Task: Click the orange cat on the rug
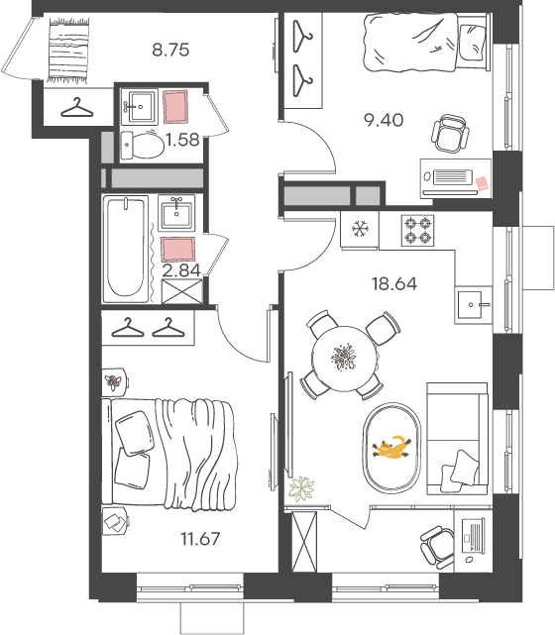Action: (391, 448)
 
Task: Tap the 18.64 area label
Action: (394, 284)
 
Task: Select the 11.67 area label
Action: (200, 539)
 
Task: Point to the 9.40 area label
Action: (384, 120)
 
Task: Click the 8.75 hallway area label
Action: (170, 50)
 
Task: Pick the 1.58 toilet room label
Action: (182, 140)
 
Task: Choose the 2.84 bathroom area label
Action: (181, 270)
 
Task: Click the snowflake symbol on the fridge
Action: (360, 229)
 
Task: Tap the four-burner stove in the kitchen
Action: (417, 230)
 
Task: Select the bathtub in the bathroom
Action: (126, 249)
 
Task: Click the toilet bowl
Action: (143, 145)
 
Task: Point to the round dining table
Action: (345, 359)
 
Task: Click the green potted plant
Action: (301, 488)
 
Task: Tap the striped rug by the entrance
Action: (68, 51)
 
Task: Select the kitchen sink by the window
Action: (473, 304)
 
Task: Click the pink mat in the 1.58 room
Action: (175, 107)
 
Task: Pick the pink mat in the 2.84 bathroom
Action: (178, 249)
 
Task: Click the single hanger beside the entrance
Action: (77, 108)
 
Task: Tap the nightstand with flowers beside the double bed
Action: (114, 381)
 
